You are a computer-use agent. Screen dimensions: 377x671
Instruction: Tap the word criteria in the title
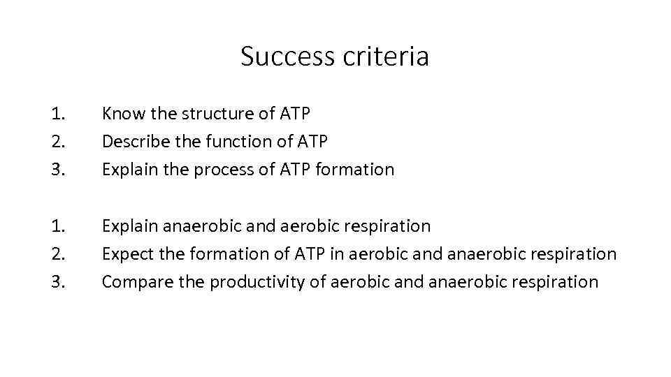[x=386, y=57]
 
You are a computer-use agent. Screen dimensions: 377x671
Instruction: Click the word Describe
[x=134, y=141]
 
